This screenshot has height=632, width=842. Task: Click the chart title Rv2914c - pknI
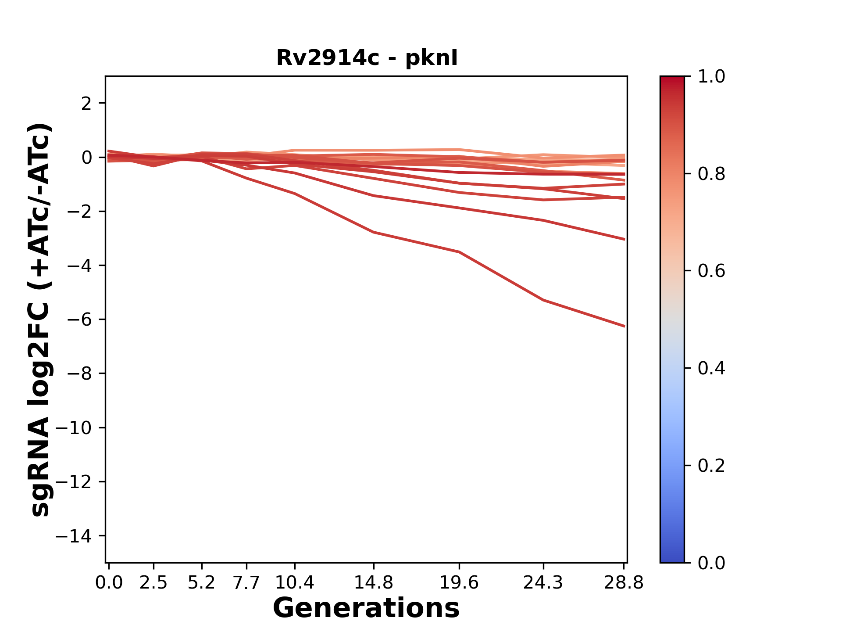pos(367,58)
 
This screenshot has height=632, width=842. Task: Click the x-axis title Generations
pos(366,608)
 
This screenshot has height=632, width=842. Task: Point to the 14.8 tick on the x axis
pos(373,583)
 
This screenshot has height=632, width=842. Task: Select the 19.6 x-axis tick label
pos(459,583)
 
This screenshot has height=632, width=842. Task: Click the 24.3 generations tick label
pos(543,583)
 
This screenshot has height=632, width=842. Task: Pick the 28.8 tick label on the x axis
pos(624,583)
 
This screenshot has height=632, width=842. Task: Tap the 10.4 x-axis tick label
pos(294,583)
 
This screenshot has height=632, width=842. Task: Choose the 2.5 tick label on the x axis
pos(153,583)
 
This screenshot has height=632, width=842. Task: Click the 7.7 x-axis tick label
pos(246,583)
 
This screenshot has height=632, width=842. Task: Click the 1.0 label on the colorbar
pos(711,77)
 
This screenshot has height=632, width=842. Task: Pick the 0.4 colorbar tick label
pos(711,368)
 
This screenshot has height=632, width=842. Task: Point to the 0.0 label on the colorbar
pos(711,563)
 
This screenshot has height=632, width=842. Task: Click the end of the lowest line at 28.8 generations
pos(624,326)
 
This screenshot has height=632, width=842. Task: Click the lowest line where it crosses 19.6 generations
pos(459,252)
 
